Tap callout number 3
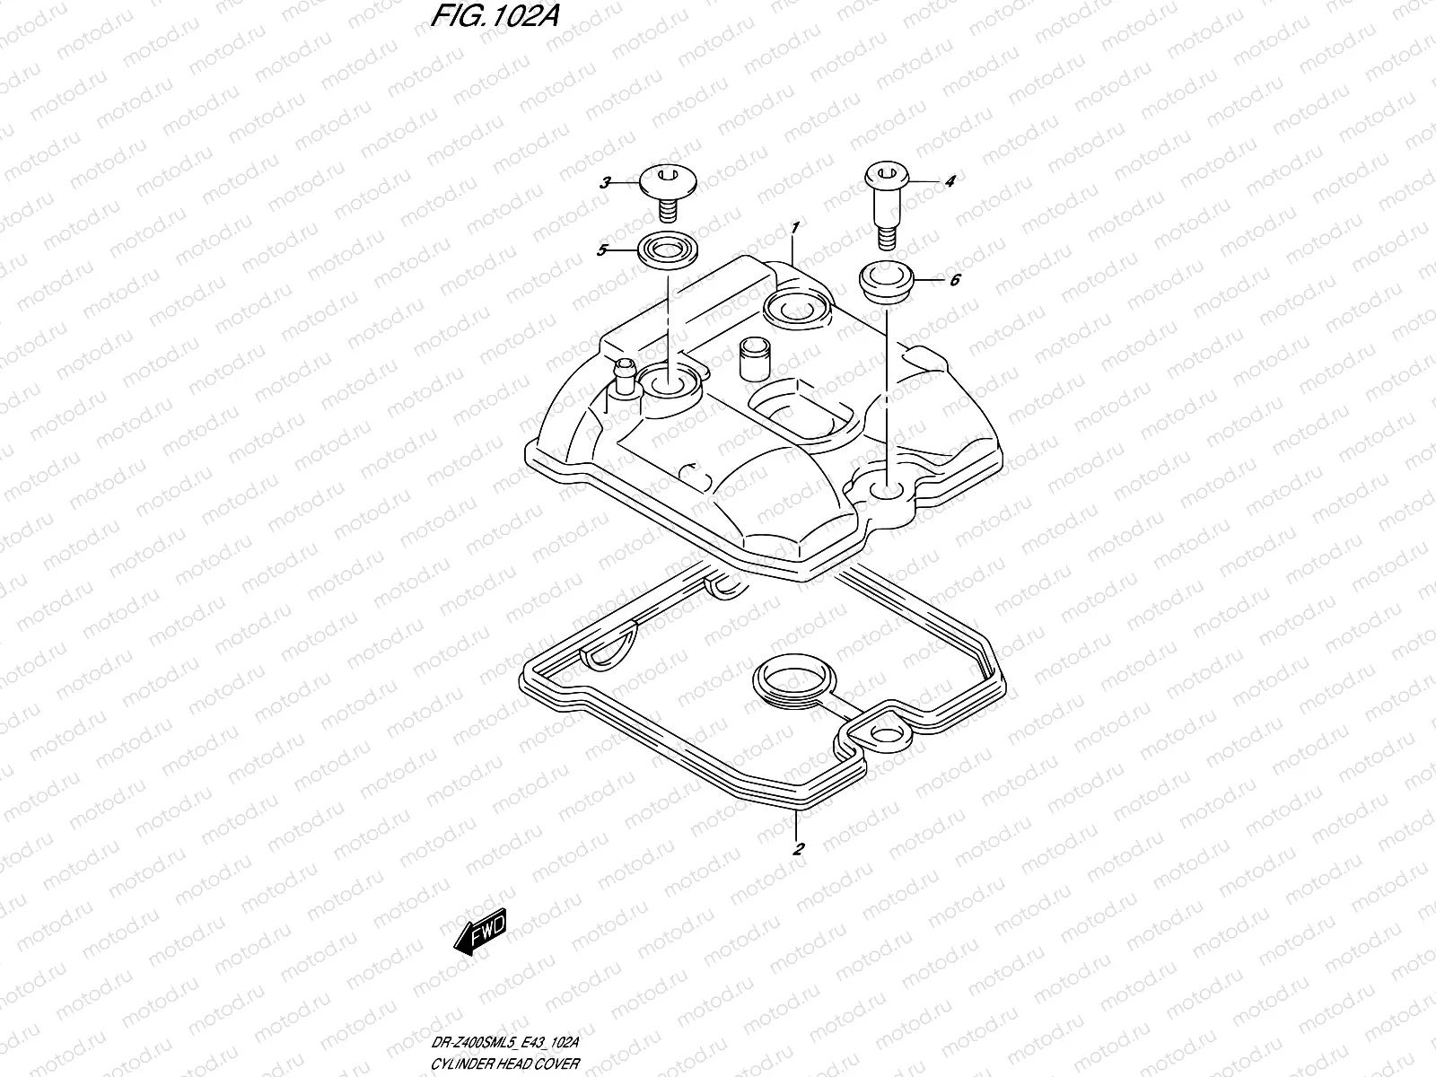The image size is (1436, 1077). [605, 182]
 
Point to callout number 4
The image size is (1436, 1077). [950, 181]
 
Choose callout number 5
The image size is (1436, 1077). [603, 250]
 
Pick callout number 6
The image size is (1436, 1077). [954, 280]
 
